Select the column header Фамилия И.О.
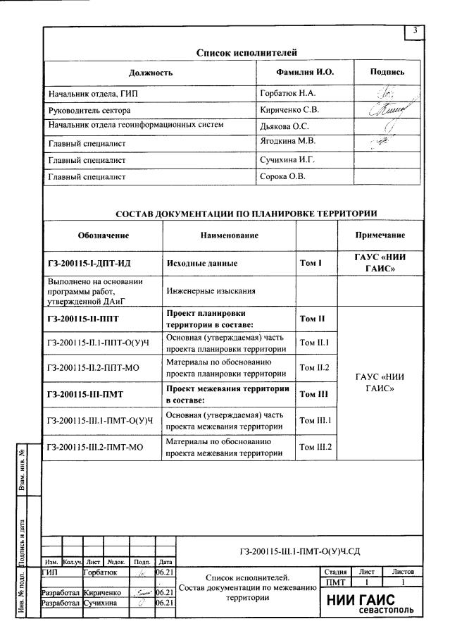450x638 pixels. point(305,73)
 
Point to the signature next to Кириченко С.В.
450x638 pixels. point(387,110)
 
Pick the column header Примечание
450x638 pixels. point(380,235)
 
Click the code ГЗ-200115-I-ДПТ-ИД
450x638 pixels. point(89,263)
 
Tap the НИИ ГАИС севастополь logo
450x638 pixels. point(370,603)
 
